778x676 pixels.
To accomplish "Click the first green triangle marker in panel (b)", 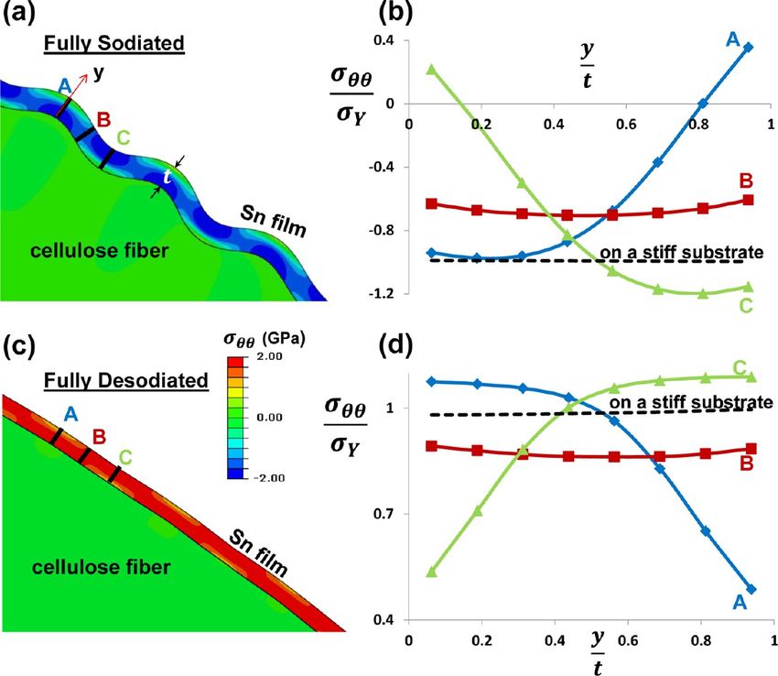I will point(431,70).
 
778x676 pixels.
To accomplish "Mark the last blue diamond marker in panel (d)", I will point(750,589).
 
